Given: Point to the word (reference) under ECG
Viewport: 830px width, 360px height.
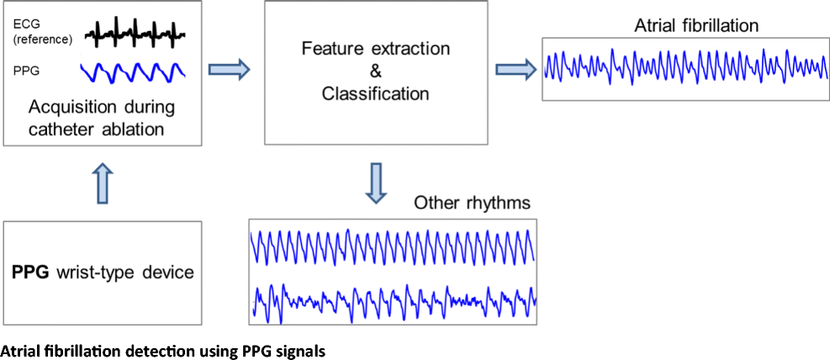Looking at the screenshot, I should coord(41,40).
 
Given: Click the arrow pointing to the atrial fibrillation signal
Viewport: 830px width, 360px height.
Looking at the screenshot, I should coord(515,70).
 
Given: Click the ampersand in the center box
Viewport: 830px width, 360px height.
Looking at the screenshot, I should coord(375,71).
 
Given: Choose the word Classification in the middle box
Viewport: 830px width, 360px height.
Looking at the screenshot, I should coord(375,93).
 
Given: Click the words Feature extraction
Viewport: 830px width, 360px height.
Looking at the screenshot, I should coord(375,48).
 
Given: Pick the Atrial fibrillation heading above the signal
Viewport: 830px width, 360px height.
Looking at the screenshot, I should coord(696,25).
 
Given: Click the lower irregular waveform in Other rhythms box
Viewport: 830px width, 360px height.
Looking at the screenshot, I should coord(393,299).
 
